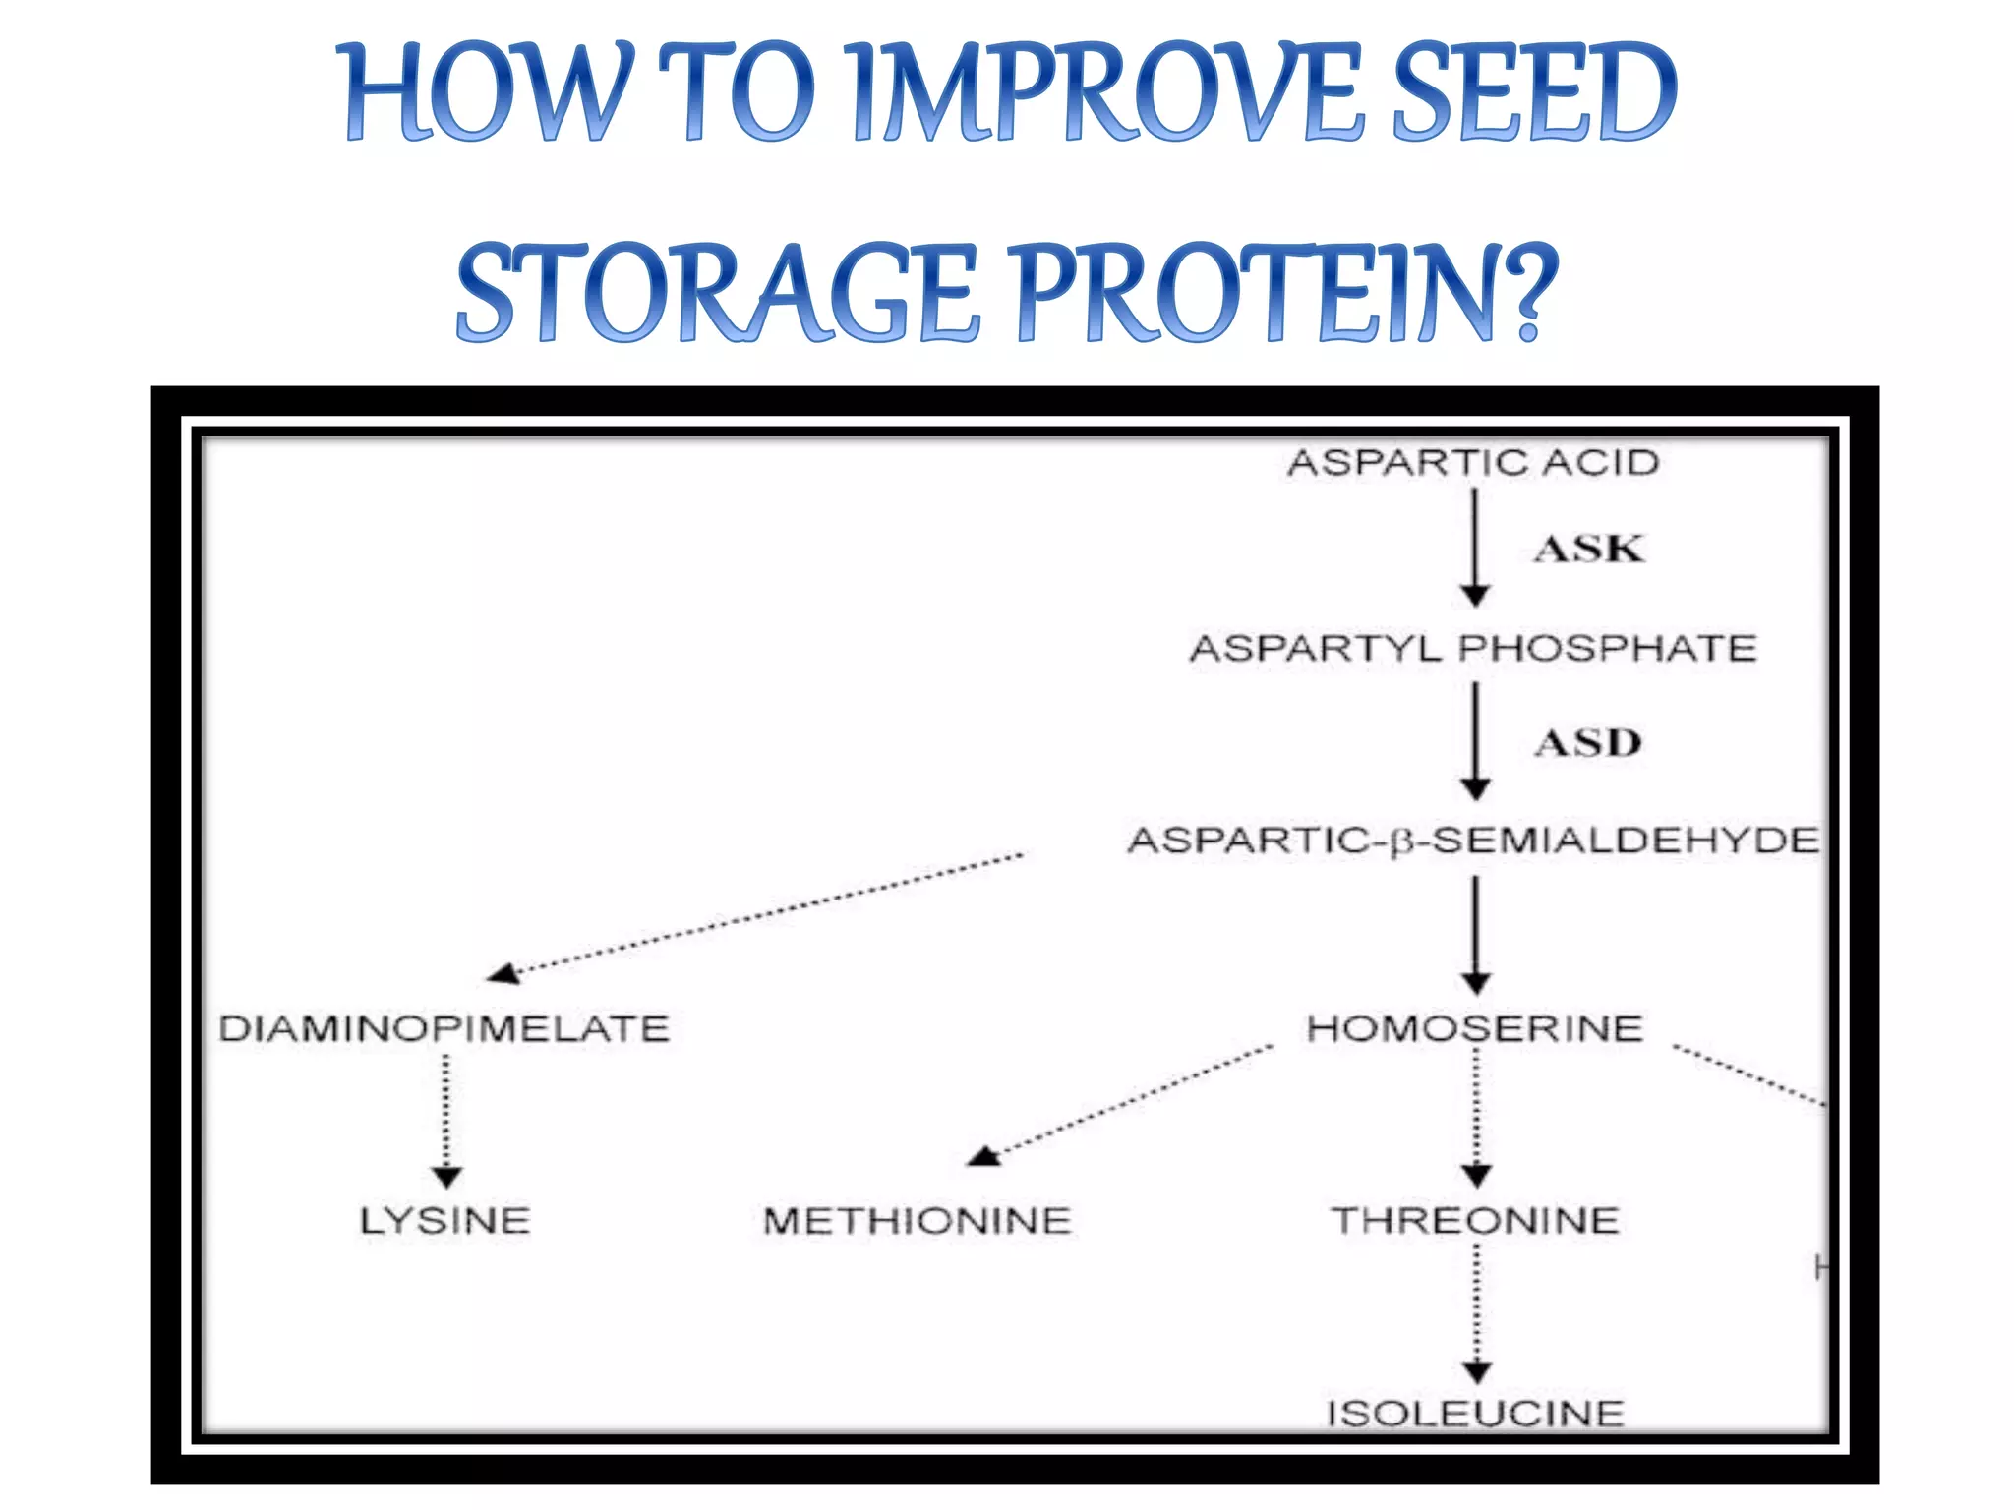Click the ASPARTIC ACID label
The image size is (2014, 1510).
pos(1473,463)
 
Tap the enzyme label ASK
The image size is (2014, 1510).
pos(1588,550)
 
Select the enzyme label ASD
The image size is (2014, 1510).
pos(1588,743)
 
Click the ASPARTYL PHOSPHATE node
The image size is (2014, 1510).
pos(1473,649)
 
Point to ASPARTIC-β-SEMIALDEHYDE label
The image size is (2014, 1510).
pos(1473,841)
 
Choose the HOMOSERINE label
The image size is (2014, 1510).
pos(1474,1029)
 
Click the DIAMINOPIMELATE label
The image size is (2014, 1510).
pos(444,1029)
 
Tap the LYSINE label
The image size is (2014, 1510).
pos(444,1221)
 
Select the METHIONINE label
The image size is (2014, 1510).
pos(917,1221)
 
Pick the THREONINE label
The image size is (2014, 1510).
pos(1474,1221)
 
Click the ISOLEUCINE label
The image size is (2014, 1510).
pos(1474,1414)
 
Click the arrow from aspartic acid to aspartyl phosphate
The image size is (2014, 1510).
pos(1474,547)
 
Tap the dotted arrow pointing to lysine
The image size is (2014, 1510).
pos(446,1121)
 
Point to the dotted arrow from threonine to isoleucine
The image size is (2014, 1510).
pos(1476,1312)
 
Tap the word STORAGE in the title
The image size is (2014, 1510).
pos(717,293)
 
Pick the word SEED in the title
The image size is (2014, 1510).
pos(1535,93)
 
